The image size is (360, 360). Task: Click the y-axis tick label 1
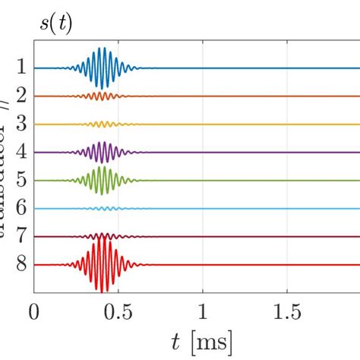[21, 68]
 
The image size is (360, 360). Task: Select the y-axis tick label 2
[21, 96]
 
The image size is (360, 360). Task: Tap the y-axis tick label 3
[21, 124]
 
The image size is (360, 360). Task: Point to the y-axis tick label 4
[21, 152]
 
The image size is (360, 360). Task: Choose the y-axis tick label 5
[21, 180]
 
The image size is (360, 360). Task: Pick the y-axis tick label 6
[21, 208]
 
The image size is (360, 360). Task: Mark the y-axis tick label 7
[21, 236]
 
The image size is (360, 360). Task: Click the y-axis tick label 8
[21, 264]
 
